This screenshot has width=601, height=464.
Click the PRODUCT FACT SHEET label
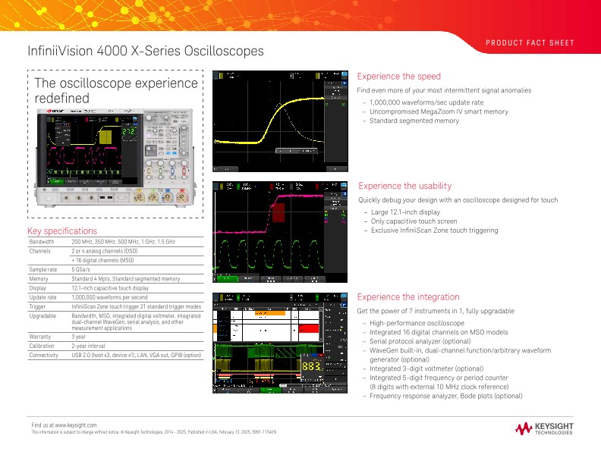click(530, 43)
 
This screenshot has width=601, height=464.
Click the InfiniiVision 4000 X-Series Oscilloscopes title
click(146, 52)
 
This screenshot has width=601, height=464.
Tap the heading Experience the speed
click(398, 77)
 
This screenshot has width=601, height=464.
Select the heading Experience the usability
click(404, 186)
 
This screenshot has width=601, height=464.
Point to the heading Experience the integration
click(407, 297)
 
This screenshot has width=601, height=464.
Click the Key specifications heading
click(62, 230)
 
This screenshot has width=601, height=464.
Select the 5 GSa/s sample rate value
click(83, 269)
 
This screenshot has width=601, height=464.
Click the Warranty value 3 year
click(79, 336)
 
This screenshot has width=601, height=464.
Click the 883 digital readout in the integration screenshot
click(312, 366)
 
